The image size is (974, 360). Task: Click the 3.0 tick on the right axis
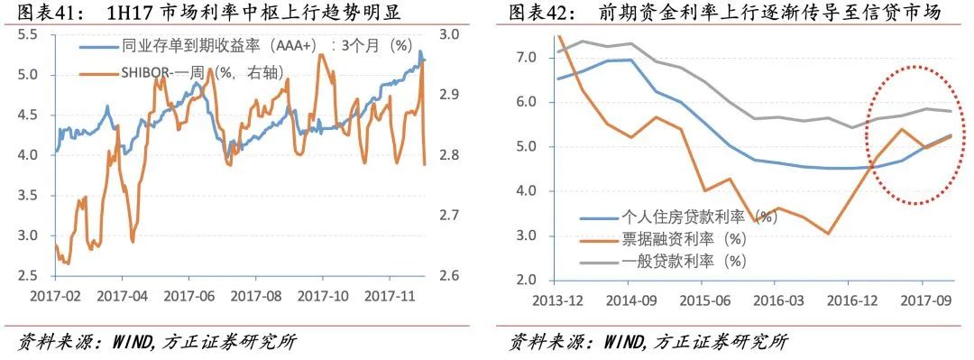(x=449, y=34)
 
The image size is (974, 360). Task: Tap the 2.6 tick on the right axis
(x=449, y=276)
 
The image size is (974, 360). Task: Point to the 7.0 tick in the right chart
(x=525, y=58)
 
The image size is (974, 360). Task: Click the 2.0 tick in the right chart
(x=525, y=281)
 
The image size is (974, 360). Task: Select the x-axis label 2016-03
(x=776, y=299)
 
